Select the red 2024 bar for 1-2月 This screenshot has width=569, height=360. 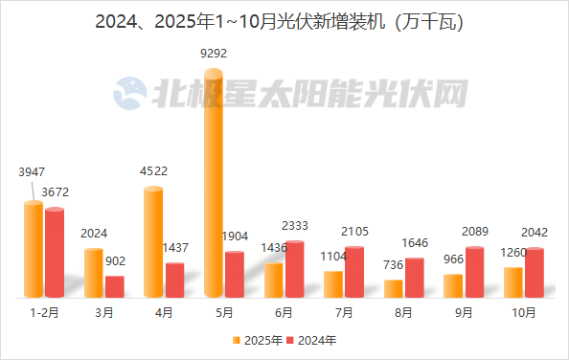pyautogui.click(x=55, y=253)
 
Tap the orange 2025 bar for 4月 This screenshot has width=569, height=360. pyautogui.click(x=153, y=242)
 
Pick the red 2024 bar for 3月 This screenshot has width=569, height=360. pyautogui.click(x=115, y=286)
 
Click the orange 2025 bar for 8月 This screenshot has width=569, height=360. pyautogui.click(x=393, y=288)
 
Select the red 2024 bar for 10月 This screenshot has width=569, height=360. pyautogui.click(x=534, y=273)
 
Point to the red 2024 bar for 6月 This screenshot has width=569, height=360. pyautogui.click(x=294, y=269)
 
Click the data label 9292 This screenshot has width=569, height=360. pyautogui.click(x=214, y=54)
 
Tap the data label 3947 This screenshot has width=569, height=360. pyautogui.click(x=33, y=172)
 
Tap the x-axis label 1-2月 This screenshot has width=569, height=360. pyautogui.click(x=44, y=312)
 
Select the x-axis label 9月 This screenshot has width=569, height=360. pyautogui.click(x=464, y=312)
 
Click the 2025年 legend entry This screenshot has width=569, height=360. pyautogui.click(x=261, y=340)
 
